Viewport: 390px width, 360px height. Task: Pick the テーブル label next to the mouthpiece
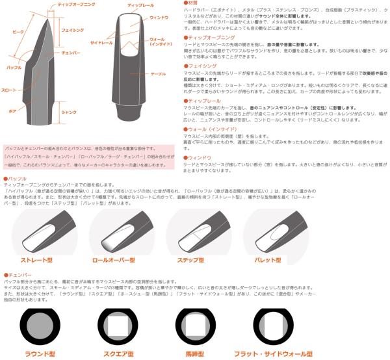159,75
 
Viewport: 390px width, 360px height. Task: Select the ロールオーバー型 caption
117,260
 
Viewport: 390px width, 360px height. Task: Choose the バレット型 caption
266,260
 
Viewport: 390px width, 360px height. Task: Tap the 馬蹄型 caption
192,354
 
